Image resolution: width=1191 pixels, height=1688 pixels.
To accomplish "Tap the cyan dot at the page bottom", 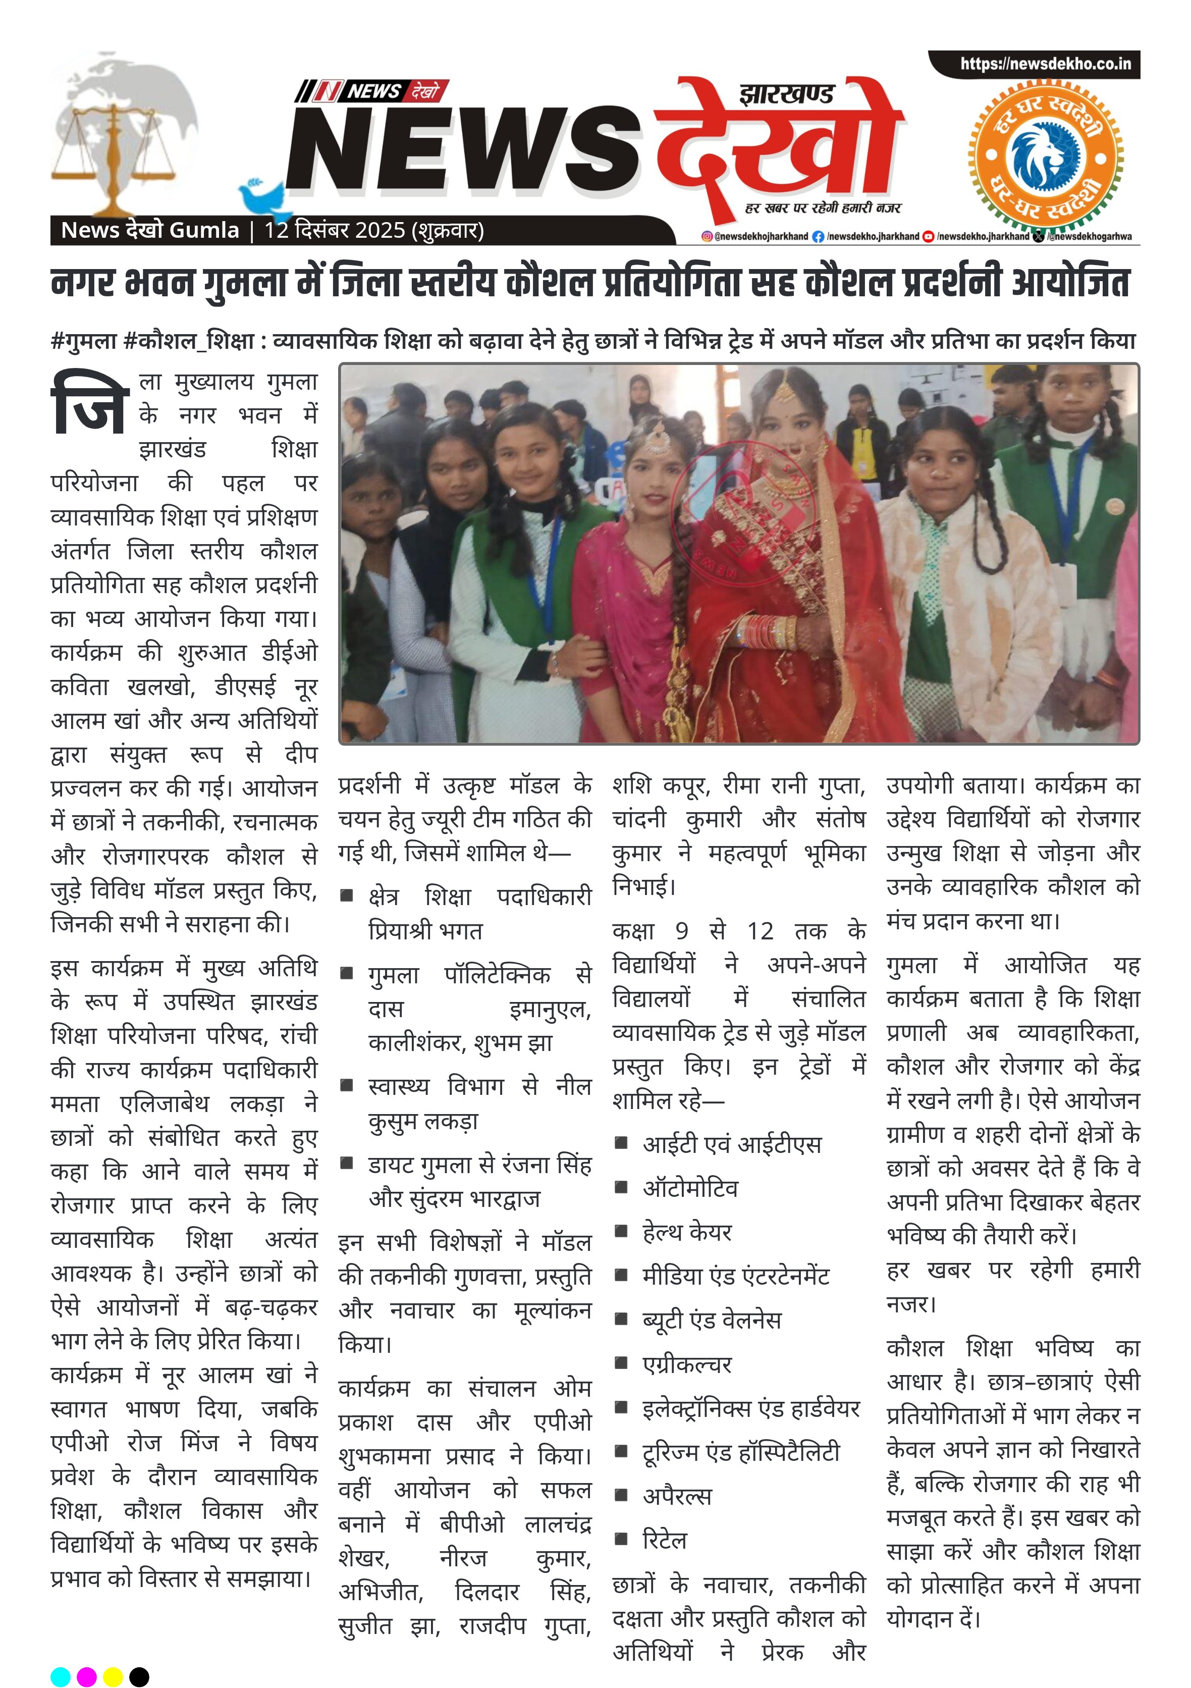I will (60, 1676).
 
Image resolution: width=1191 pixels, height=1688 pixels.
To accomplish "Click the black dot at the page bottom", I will (139, 1676).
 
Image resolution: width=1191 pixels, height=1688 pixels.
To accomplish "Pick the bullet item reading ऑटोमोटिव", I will (689, 1188).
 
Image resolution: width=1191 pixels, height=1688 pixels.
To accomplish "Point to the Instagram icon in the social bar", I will (707, 237).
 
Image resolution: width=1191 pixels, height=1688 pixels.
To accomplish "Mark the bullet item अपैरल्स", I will (676, 1496).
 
